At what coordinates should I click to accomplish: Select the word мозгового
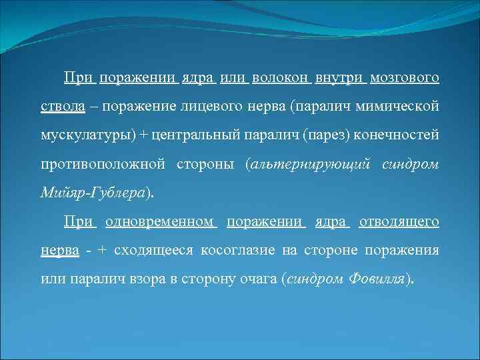point(406,79)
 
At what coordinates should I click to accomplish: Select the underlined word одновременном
point(160,221)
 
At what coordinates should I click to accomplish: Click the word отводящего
point(399,221)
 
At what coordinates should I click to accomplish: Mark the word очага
point(255,279)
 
